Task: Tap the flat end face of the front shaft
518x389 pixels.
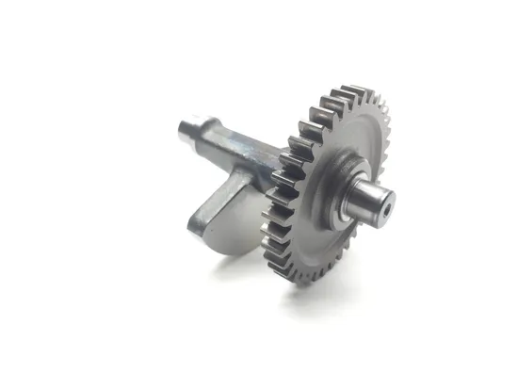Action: (385, 201)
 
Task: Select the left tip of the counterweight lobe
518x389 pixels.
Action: (194, 222)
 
